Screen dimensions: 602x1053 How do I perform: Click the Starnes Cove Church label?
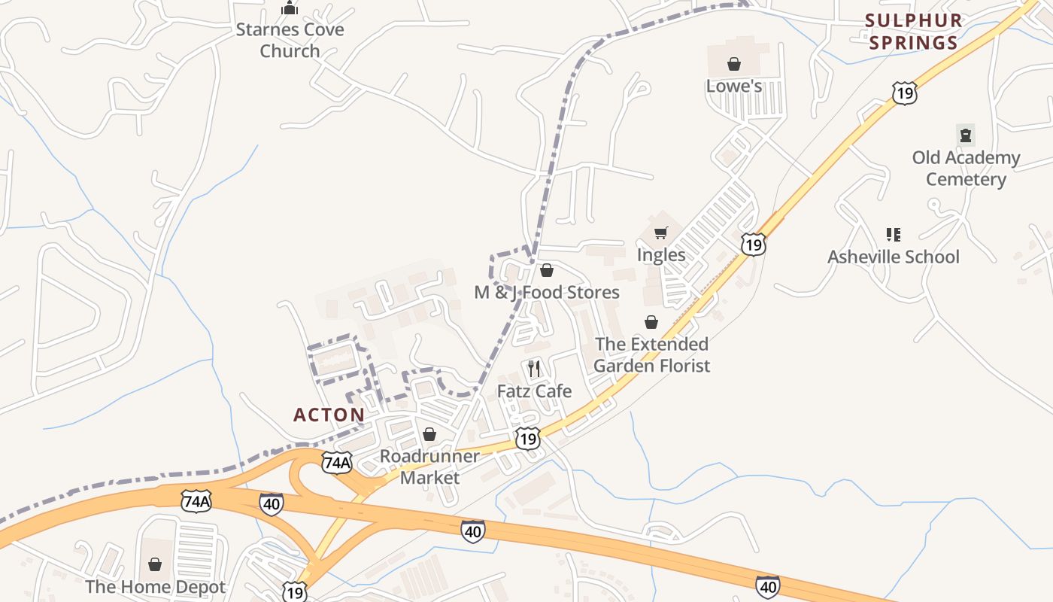[290, 41]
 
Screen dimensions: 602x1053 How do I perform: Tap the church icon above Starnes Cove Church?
[290, 8]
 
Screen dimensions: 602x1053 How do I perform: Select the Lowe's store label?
[734, 86]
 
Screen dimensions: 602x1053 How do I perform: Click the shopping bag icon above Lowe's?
[734, 64]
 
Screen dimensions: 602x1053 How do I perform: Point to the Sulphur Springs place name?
[913, 32]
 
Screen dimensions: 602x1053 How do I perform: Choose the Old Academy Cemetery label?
[966, 169]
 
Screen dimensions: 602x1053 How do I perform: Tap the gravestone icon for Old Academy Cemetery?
[965, 136]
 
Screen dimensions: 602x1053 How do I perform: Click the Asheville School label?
[894, 257]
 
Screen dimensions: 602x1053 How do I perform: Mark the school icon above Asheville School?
[893, 234]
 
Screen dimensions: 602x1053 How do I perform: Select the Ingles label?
[661, 254]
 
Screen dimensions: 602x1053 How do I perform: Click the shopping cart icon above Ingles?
[660, 233]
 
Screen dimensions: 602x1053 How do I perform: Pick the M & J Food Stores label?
[547, 292]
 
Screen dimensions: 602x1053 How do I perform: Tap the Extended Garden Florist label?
[652, 354]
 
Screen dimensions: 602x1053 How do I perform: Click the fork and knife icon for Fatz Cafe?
[534, 369]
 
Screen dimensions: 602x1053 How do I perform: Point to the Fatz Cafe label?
[534, 391]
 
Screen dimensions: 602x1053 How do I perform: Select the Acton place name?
[329, 415]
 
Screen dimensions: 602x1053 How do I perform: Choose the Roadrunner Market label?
[429, 467]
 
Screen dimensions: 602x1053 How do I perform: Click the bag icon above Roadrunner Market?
[429, 434]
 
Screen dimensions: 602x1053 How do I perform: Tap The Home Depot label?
[155, 587]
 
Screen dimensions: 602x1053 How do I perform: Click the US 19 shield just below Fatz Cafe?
[528, 439]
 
